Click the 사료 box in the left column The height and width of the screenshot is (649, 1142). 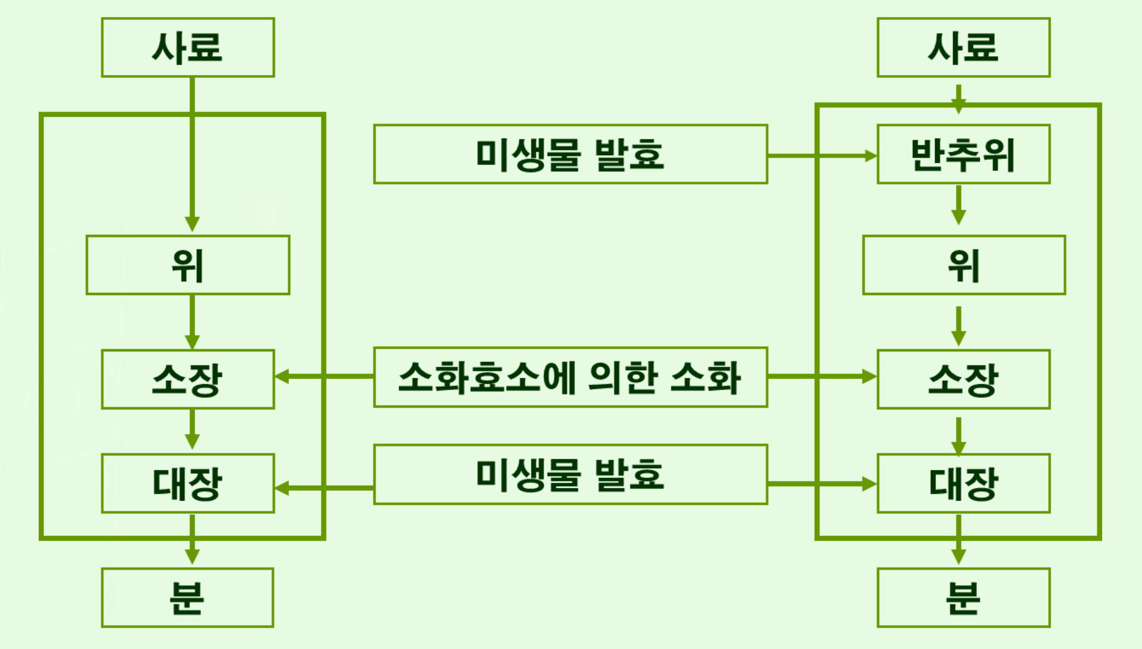click(x=188, y=47)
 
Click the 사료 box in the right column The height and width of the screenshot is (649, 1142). click(x=963, y=47)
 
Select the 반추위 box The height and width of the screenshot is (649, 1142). click(x=963, y=154)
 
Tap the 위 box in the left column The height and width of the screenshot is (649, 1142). click(x=188, y=265)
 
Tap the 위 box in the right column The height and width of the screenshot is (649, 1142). click(x=964, y=265)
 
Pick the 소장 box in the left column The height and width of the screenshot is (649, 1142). click(x=188, y=379)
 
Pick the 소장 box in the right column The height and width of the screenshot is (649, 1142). click(x=963, y=379)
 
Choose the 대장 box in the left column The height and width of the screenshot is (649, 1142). click(x=188, y=483)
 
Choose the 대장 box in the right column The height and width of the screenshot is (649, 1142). click(x=963, y=483)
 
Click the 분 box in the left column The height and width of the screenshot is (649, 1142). click(x=188, y=597)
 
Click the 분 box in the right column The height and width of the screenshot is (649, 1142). click(x=963, y=597)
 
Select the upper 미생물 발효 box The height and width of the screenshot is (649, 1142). click(x=570, y=154)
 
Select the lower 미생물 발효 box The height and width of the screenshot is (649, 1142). click(x=570, y=474)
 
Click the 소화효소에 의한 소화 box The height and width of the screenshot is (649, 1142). click(x=570, y=377)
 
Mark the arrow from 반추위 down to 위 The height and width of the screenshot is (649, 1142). click(x=959, y=205)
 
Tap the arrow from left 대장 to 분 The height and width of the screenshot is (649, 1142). click(x=192, y=539)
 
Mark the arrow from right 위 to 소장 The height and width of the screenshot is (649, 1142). click(x=959, y=326)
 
